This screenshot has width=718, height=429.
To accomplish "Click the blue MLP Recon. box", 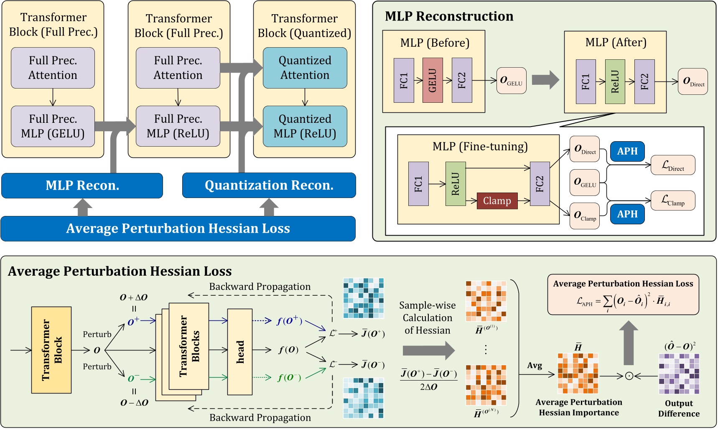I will coord(82,185).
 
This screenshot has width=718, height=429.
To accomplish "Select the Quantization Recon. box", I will coord(269,185).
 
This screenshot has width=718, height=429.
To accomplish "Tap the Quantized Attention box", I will coord(305,68).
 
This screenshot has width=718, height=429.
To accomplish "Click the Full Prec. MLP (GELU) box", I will coord(53,126).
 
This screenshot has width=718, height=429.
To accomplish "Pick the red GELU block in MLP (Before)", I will coord(433,81).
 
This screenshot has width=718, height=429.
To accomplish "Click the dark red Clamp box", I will coord(497,201).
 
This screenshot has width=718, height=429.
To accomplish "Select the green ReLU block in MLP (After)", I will coord(615,81).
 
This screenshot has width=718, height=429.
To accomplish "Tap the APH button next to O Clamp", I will coord(627,214).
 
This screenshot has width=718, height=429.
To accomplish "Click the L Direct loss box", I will coord(673,165).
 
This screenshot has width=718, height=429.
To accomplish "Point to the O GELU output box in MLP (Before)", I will coord(511,81).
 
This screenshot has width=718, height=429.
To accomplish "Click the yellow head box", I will coord(240,352).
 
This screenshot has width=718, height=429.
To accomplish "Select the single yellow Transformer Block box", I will coord(51,350).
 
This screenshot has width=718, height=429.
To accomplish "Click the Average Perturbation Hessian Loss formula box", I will coord(623,294).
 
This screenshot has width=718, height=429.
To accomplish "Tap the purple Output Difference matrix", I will coord(679,374).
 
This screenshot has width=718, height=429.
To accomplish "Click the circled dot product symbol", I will coord(629,376).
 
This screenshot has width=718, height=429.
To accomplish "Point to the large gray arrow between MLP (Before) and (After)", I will coord(545,80).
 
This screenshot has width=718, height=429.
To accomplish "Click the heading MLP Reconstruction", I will coord(449,16).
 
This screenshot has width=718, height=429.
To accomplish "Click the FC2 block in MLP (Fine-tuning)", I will coord(540,184).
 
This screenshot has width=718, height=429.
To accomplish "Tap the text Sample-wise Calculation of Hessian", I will coord(427,318).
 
